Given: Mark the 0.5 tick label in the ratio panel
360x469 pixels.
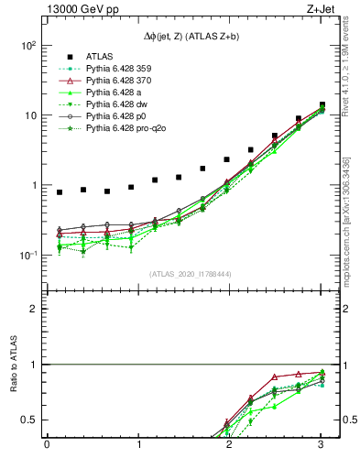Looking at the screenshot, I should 29,420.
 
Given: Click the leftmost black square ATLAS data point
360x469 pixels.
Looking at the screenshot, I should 60,192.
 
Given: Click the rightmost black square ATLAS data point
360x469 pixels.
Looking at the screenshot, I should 322,104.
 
